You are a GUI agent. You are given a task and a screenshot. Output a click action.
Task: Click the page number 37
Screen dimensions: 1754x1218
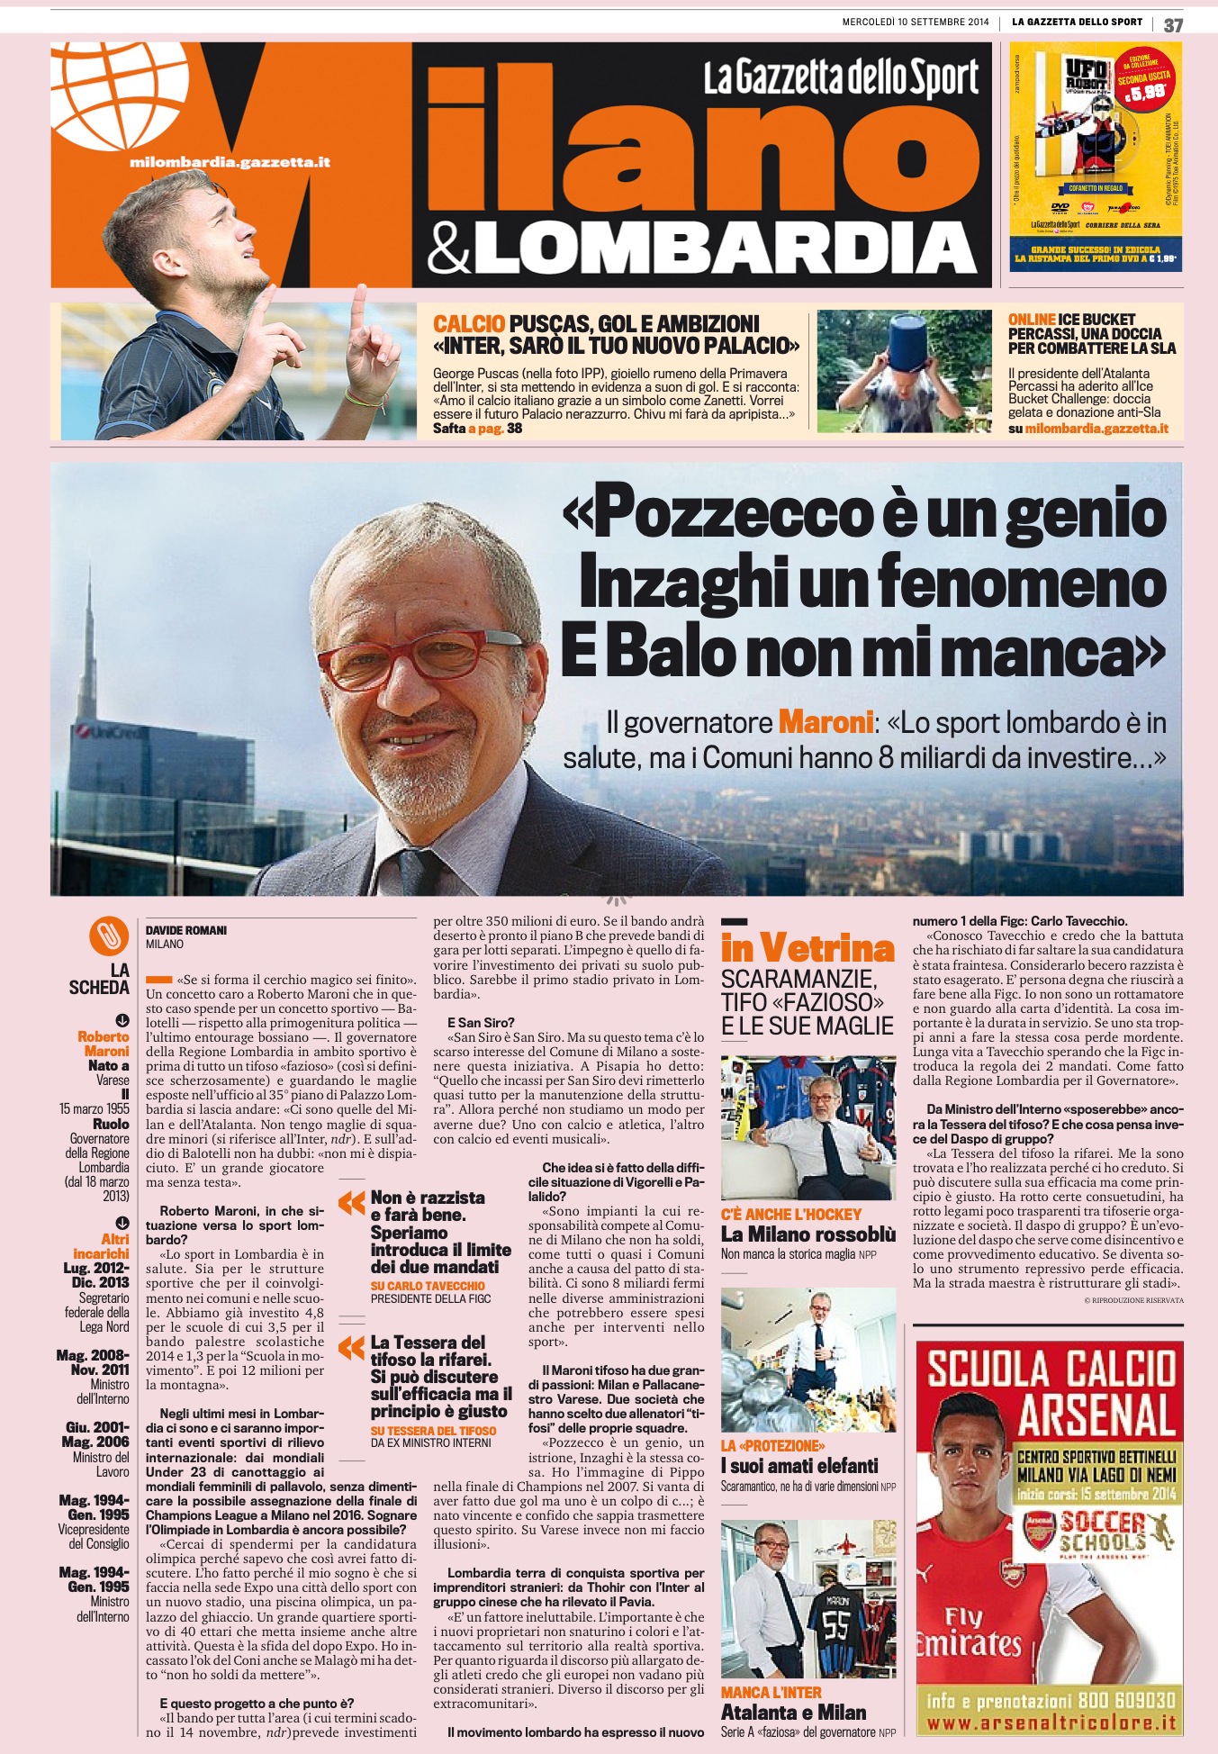pos(1173,25)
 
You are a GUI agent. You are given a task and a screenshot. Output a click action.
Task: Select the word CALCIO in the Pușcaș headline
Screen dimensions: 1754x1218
pos(469,325)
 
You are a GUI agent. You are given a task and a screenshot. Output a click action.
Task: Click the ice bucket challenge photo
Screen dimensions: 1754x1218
pos(905,371)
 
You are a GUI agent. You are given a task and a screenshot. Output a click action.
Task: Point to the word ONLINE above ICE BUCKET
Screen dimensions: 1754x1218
pos(1032,320)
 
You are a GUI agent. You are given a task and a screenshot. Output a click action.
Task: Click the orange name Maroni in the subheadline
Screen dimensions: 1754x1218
pos(826,722)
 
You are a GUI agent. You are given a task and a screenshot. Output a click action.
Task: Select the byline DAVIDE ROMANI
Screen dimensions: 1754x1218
pos(186,930)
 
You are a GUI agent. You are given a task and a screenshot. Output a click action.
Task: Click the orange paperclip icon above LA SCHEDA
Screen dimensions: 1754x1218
pos(109,937)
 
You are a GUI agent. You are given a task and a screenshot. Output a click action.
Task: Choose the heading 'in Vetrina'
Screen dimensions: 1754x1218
pos(807,948)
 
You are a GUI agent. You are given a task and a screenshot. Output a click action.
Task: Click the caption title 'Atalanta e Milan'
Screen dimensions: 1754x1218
pos(793,1713)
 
